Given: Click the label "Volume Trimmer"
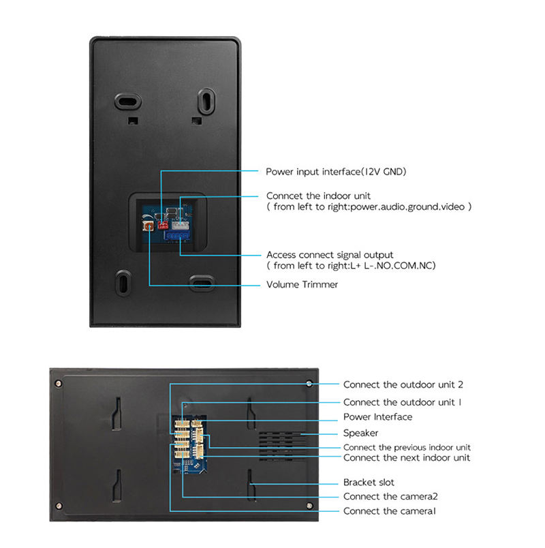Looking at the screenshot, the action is click(302, 284).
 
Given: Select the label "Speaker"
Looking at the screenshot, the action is click(360, 433).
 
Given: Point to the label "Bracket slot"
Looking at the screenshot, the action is click(369, 483).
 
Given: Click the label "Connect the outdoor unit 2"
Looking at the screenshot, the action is click(403, 385).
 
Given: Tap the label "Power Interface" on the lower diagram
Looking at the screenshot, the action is click(377, 416).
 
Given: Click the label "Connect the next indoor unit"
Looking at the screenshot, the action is click(406, 458).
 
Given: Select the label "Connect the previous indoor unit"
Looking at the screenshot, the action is click(407, 447).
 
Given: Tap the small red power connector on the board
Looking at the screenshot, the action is click(163, 223).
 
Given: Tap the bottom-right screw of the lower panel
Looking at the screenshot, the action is click(309, 506).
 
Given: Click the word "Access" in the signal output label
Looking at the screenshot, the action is click(281, 254).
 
